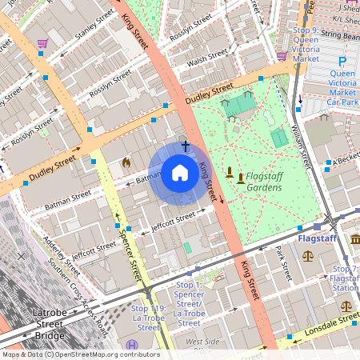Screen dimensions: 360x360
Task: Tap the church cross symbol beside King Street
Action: pyautogui.click(x=186, y=146)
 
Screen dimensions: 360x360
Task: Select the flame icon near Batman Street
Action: pyautogui.click(x=126, y=162)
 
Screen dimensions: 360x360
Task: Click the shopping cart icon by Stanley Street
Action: pyautogui.click(x=42, y=43)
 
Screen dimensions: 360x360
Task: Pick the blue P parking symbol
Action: pyautogui.click(x=342, y=62)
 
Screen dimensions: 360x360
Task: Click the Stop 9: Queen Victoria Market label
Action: pyautogui.click(x=307, y=44)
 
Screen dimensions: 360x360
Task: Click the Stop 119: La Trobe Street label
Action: pyautogui.click(x=149, y=318)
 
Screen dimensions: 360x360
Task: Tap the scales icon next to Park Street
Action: pyautogui.click(x=308, y=256)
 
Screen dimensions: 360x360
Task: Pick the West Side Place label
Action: pyautogui.click(x=202, y=346)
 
